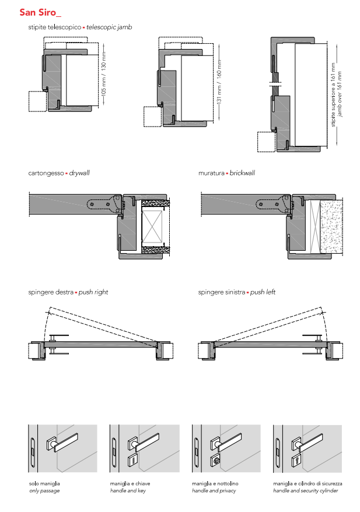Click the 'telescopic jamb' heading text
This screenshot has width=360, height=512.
point(109,27)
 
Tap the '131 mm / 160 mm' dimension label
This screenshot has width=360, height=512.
point(219,82)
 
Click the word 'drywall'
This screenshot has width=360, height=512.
point(79,173)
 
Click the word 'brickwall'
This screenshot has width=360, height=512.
point(242,173)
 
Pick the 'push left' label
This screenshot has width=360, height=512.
point(263,292)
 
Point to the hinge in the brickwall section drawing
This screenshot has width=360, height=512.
point(274,204)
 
